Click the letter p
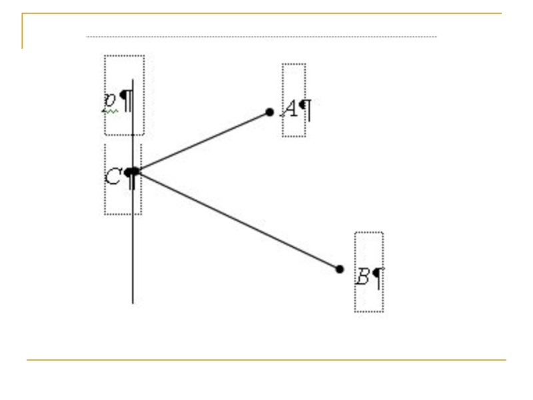[109, 101]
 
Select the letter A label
[290, 107]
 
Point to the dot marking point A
[269, 112]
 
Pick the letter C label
[113, 177]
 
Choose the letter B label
[362, 276]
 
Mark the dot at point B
[340, 269]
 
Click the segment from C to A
[200, 141]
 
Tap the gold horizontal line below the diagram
[266, 360]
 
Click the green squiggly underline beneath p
[110, 111]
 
